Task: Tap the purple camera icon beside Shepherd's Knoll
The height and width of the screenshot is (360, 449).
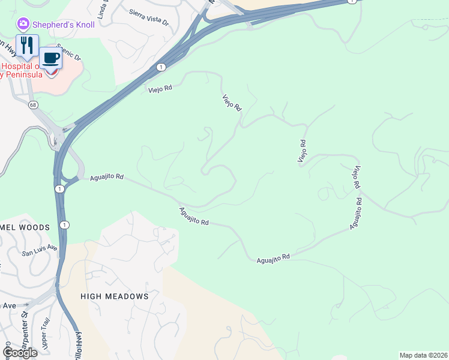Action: coord(23,24)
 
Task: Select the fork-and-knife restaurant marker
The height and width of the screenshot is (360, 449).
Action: coord(27,46)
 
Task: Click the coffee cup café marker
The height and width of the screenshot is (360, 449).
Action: coord(51,59)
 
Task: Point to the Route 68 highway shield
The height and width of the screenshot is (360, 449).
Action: coord(32,105)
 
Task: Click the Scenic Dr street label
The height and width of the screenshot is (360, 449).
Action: coord(68,52)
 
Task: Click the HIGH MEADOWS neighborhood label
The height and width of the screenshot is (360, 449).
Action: coord(114,296)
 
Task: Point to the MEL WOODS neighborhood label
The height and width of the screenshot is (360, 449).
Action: coord(24,227)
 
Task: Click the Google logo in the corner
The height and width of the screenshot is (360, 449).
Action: coord(20,352)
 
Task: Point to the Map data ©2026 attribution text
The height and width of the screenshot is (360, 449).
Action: coord(423,355)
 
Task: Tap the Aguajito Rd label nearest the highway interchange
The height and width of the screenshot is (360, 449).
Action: coord(107,178)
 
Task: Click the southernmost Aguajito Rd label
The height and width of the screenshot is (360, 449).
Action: coord(273,257)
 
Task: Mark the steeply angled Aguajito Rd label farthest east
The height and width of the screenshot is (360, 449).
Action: coord(355,214)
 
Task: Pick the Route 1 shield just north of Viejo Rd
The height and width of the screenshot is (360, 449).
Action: coord(161,67)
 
